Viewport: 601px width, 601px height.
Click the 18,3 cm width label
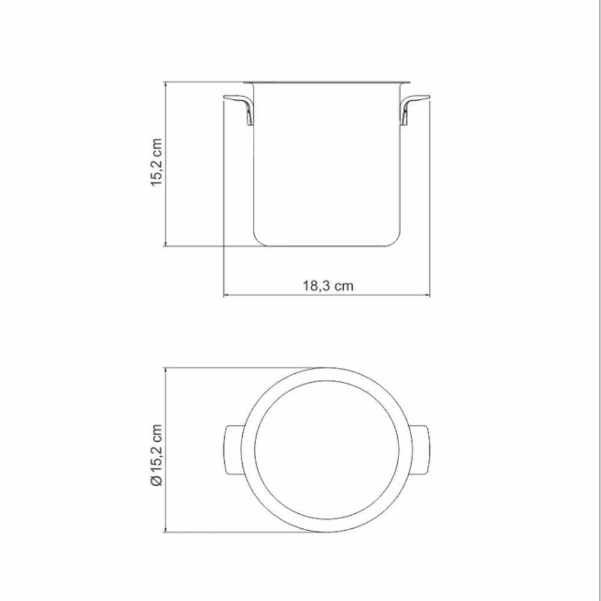328,285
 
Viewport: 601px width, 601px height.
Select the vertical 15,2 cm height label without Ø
156,163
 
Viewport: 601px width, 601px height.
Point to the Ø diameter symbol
156,480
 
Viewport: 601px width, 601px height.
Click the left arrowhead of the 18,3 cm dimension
226,295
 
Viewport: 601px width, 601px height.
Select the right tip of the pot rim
409,81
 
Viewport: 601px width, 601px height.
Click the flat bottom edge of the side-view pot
327,245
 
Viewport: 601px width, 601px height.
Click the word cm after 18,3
344,285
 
